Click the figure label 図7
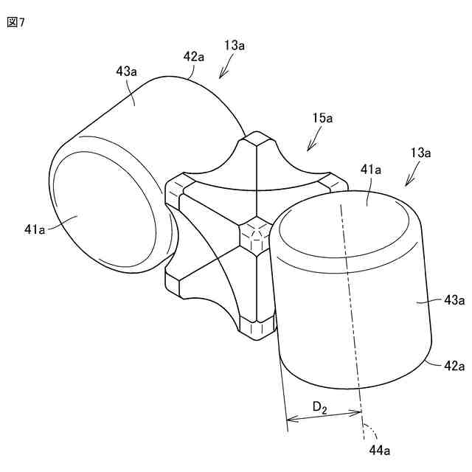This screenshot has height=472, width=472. click(16, 21)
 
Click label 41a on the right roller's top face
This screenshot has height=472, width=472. click(370, 170)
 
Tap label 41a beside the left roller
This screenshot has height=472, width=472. click(34, 230)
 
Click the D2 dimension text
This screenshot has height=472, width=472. click(320, 406)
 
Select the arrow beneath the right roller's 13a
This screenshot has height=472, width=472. click(410, 177)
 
